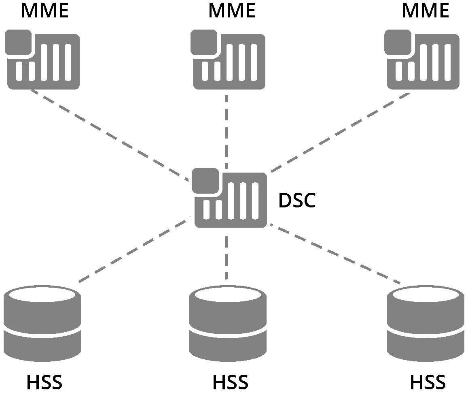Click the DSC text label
(297, 201)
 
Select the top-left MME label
(45, 11)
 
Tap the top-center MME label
(232, 11)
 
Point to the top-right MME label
(425, 11)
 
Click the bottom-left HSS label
(44, 382)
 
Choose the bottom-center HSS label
(230, 382)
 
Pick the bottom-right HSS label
(428, 382)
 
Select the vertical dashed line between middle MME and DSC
(227, 130)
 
